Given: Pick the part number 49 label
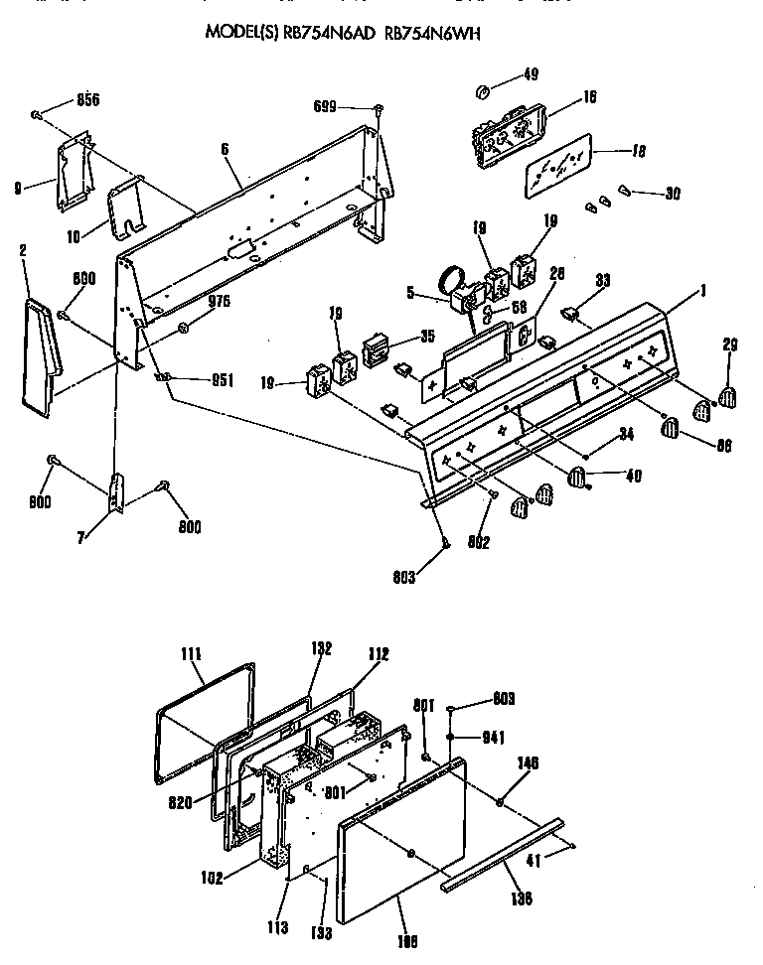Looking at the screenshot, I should (x=531, y=73).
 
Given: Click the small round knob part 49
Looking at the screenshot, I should (x=483, y=92).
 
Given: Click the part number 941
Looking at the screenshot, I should (x=494, y=737).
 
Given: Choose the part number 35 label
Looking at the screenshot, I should (x=426, y=337).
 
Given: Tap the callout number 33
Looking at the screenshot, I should (x=602, y=281).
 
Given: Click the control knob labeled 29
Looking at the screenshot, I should (x=727, y=396).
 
